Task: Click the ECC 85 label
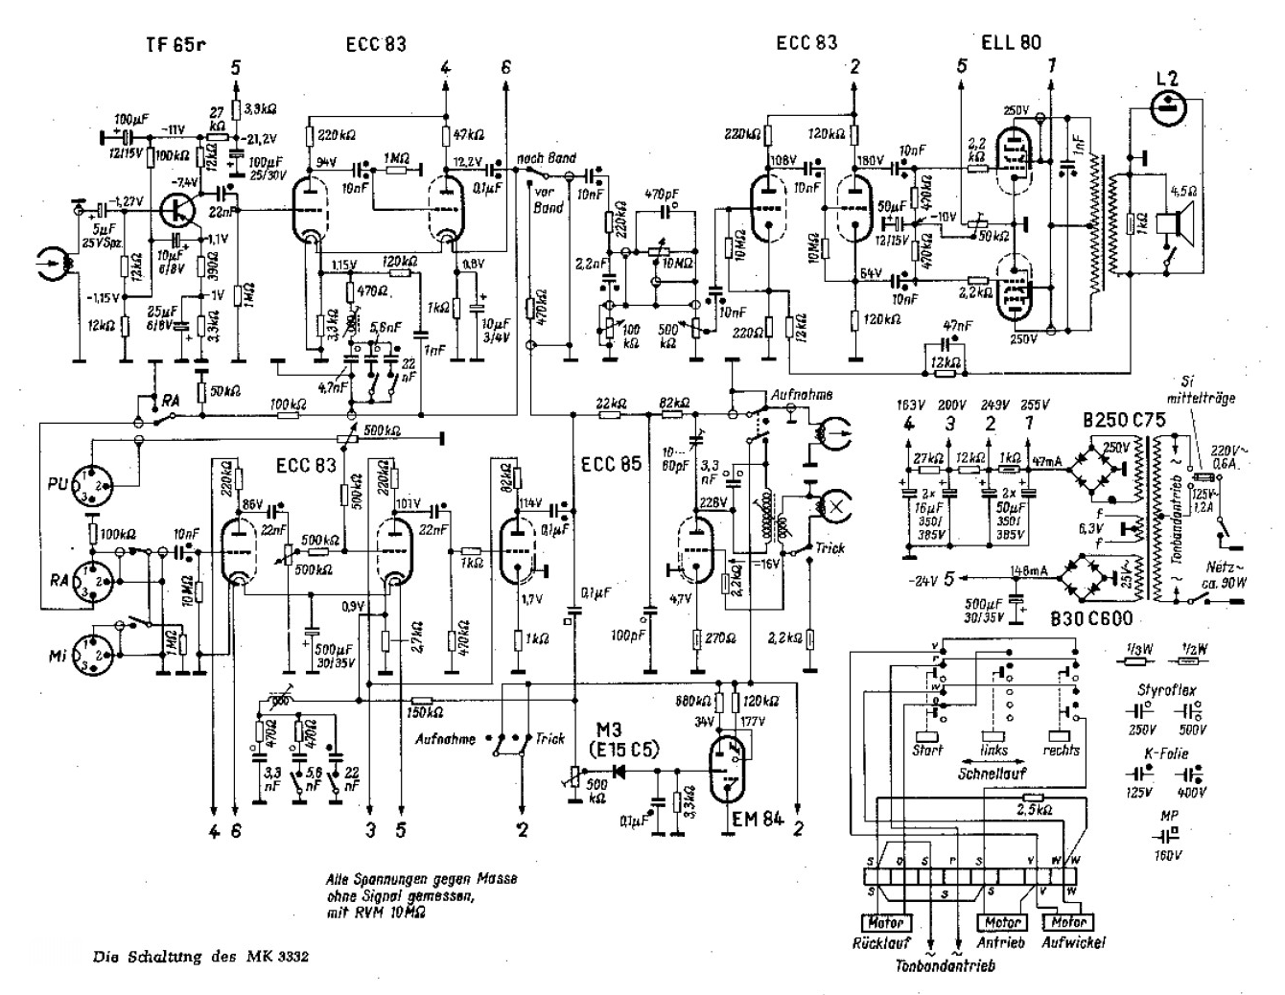611,466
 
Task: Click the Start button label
927,750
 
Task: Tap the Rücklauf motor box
883,922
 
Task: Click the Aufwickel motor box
1066,922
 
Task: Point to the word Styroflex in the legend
1166,689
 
